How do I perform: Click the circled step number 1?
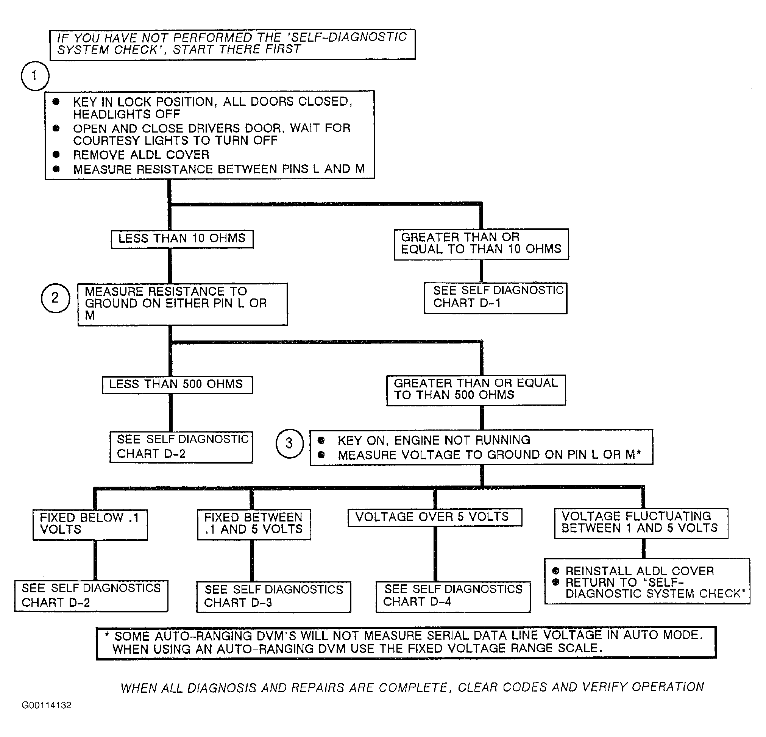35,76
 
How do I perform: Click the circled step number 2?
55,298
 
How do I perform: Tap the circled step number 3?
289,443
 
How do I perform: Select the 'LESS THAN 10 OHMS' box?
182,239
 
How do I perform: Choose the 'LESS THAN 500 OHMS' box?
177,385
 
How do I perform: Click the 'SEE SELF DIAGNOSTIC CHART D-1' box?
496,298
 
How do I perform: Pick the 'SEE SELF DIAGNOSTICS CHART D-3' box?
273,596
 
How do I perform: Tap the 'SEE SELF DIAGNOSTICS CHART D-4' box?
453,596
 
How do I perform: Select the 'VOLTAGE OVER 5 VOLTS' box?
435,517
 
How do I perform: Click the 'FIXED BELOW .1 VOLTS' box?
90,525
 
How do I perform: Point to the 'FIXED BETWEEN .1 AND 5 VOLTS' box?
254,524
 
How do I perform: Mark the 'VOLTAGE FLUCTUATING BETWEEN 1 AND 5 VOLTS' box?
641,523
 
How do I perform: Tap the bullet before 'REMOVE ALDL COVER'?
56,155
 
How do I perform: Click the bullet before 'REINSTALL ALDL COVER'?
556,571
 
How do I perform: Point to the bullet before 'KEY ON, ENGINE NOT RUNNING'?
321,440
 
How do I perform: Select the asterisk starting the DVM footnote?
107,635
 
